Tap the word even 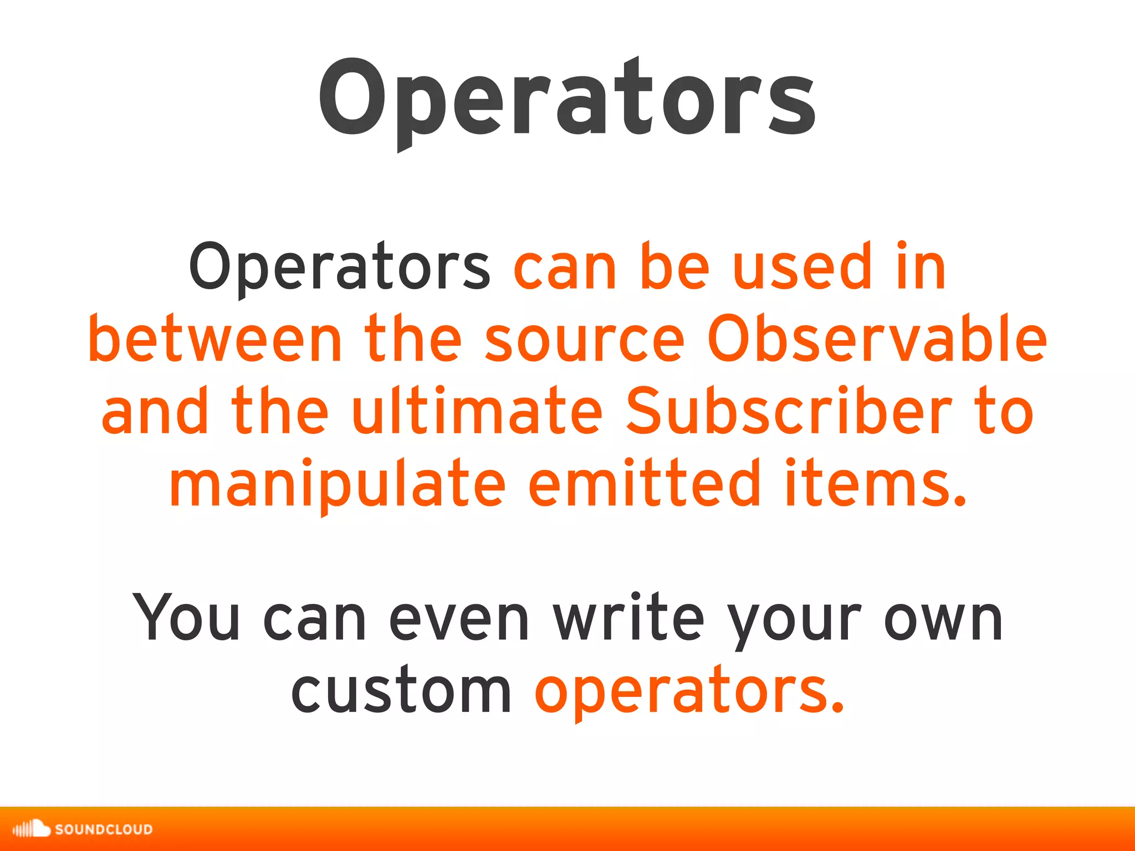click(x=459, y=618)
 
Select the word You click(x=186, y=617)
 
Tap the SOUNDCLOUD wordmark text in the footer click(x=104, y=829)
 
